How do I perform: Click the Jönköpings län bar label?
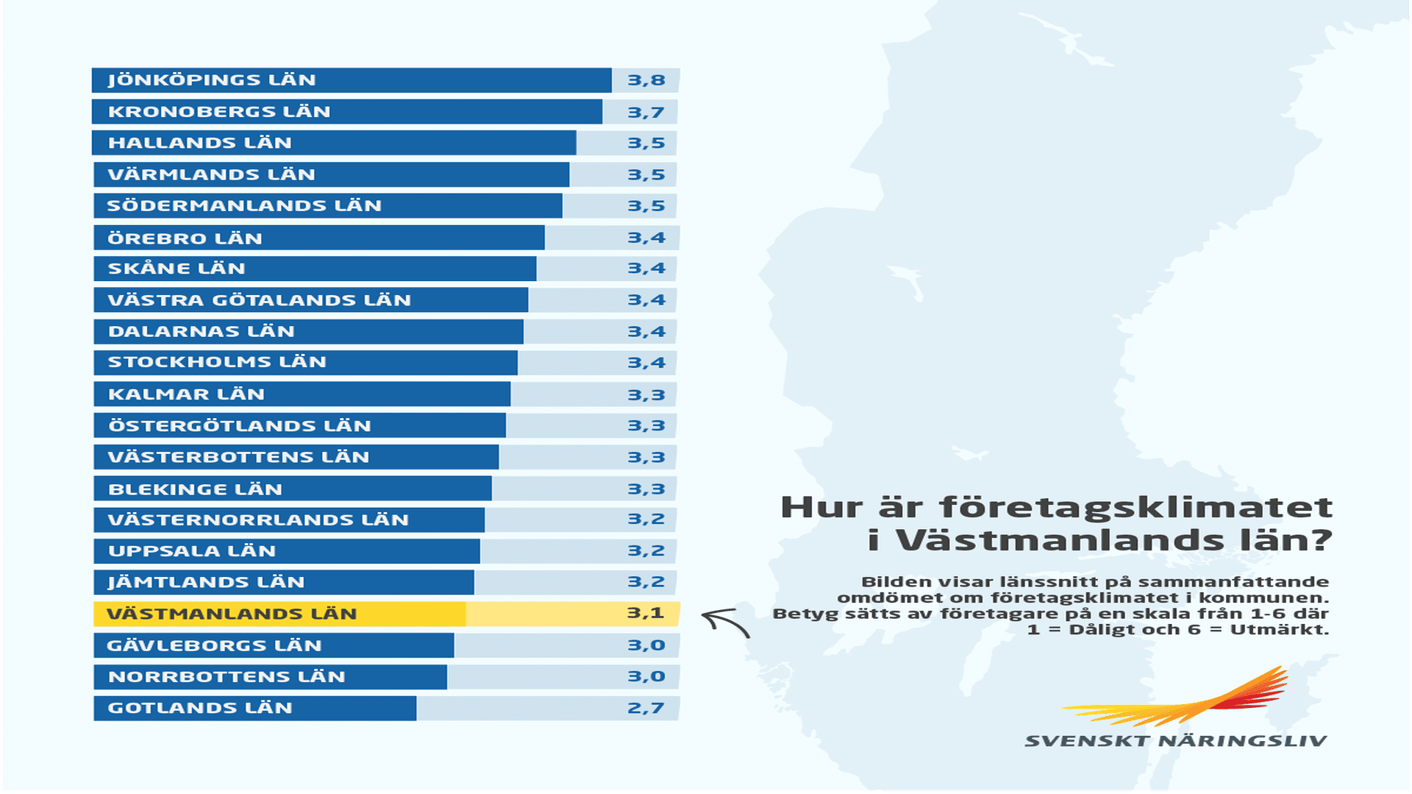pyautogui.click(x=212, y=80)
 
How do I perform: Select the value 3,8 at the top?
pyautogui.click(x=646, y=80)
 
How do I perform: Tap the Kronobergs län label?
pyautogui.click(x=219, y=112)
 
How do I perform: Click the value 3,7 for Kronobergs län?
pyautogui.click(x=646, y=113)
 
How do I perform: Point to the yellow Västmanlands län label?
pyautogui.click(x=232, y=614)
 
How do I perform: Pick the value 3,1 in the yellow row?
pyautogui.click(x=646, y=613)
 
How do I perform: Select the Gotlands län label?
pyautogui.click(x=200, y=708)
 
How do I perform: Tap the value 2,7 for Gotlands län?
pyautogui.click(x=646, y=708)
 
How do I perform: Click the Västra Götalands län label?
pyautogui.click(x=259, y=300)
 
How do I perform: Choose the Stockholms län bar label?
pyautogui.click(x=217, y=362)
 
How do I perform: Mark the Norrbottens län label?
pyautogui.click(x=227, y=677)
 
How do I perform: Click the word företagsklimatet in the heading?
pyautogui.click(x=1136, y=508)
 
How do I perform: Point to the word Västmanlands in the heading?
pyautogui.click(x=1060, y=541)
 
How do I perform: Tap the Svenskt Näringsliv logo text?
pyautogui.click(x=1175, y=741)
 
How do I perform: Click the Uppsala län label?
pyautogui.click(x=192, y=551)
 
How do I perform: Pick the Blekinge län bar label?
pyautogui.click(x=195, y=489)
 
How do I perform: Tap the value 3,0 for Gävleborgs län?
pyautogui.click(x=646, y=645)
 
